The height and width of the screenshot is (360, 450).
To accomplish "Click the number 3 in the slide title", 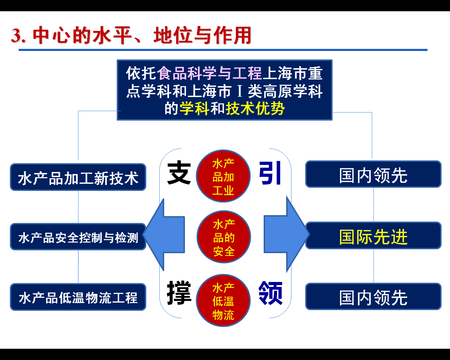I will (16, 36).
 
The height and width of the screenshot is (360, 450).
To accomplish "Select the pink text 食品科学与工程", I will (210, 73).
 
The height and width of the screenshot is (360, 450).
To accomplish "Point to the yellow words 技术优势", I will (255, 109).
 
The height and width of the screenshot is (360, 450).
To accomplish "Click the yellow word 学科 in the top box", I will (194, 109).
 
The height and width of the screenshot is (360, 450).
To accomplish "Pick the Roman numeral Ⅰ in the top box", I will (240, 91).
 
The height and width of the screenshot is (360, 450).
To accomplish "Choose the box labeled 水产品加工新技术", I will (78, 178).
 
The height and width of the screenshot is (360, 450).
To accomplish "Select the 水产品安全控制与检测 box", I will (78, 237).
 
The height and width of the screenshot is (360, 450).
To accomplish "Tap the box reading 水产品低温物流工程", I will (78, 297).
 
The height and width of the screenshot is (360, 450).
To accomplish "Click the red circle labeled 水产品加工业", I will (223, 176).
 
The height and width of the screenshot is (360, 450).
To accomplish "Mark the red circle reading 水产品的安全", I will (224, 237).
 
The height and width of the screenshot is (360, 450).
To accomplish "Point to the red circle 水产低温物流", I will (223, 301).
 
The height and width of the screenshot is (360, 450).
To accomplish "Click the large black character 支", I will (179, 173).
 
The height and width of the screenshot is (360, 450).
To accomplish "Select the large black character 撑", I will (179, 292).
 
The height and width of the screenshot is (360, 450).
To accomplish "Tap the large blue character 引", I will (270, 173).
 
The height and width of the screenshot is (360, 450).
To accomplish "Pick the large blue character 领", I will (270, 292).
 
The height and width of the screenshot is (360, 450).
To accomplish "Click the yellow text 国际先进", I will (373, 237).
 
